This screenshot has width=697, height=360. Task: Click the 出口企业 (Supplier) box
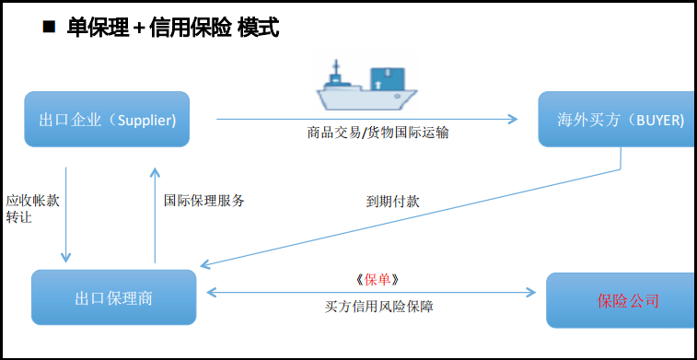[107, 120]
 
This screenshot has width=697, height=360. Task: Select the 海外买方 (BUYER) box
[617, 120]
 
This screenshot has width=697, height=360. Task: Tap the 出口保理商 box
[113, 298]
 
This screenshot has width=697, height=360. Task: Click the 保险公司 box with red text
[621, 300]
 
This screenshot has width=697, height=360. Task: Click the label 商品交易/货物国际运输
[378, 133]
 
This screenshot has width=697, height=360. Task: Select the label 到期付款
[393, 201]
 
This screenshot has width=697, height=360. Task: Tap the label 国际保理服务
[204, 200]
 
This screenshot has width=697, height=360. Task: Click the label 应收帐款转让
[32, 208]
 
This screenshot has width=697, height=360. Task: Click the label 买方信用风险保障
[378, 307]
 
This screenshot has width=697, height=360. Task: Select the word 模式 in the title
[258, 28]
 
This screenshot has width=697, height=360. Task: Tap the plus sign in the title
[139, 29]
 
